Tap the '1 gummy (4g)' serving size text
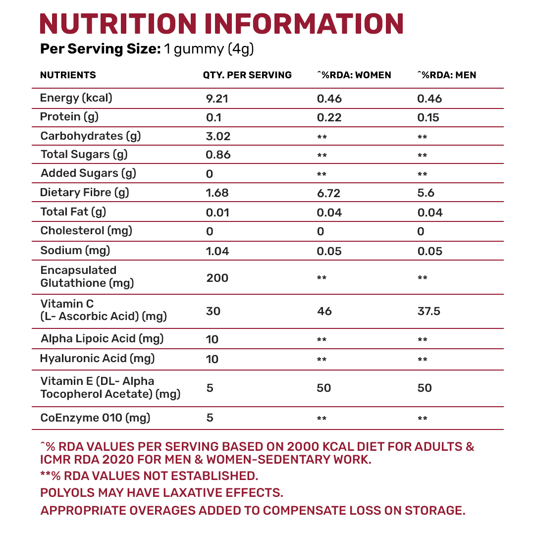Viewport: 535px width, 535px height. (x=209, y=49)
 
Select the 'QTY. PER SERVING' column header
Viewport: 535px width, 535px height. (x=247, y=75)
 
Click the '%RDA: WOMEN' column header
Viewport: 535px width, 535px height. (x=354, y=75)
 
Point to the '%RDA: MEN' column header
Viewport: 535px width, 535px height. (x=447, y=75)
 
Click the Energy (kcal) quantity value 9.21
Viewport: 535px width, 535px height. (x=217, y=99)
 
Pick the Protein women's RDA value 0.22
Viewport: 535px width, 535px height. (x=329, y=118)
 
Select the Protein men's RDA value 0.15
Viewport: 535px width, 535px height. (x=428, y=118)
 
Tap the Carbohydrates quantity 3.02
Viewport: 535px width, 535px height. (x=218, y=136)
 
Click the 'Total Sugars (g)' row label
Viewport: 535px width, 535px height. (x=84, y=155)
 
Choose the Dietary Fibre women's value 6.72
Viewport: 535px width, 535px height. (x=329, y=193)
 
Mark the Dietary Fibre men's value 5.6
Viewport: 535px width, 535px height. (x=426, y=193)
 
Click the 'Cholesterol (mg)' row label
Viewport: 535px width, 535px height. (x=87, y=231)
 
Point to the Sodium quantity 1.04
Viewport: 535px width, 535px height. (x=217, y=251)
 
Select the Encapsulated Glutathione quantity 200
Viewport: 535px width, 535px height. (x=217, y=278)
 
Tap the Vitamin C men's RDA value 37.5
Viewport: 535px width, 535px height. (x=429, y=311)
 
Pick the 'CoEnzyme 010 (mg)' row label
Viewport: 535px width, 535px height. (x=96, y=418)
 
